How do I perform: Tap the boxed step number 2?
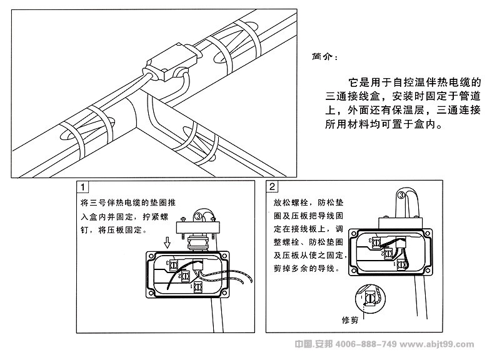(x=273, y=187)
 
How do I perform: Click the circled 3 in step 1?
(x=199, y=217)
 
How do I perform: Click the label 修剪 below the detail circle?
(x=351, y=321)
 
